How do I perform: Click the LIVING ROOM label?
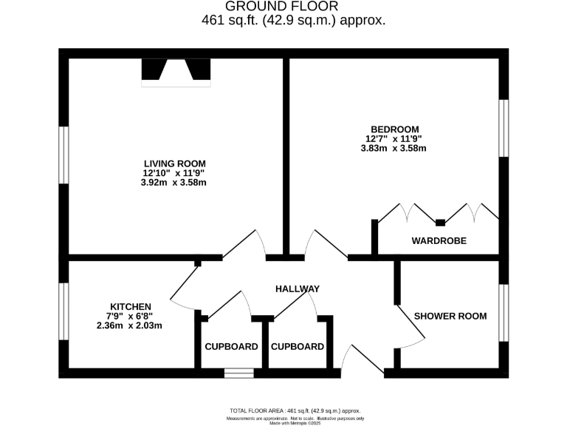[174, 163]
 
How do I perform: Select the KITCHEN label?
[131, 306]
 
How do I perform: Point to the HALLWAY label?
[298, 288]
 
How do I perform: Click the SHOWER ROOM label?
[450, 316]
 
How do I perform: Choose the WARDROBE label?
[439, 241]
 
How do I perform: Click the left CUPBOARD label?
[231, 346]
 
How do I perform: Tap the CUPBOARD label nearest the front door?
[298, 346]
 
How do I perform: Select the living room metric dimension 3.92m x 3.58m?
[174, 183]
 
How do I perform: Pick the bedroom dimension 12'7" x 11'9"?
[392, 138]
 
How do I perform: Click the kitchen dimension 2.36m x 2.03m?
[129, 325]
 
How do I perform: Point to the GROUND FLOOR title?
[293, 7]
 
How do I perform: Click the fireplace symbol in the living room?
[176, 72]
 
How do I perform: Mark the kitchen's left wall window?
[63, 311]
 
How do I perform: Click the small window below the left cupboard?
[239, 373]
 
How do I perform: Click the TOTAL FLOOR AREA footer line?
[295, 410]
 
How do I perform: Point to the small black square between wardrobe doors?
[440, 221]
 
